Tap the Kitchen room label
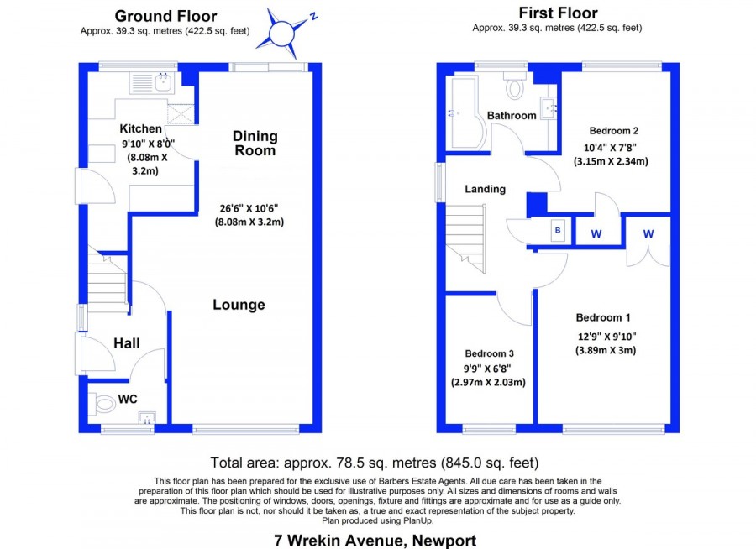click(141, 128)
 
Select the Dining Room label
click(255, 144)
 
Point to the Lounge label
click(239, 305)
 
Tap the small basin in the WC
click(146, 417)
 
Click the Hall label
click(127, 343)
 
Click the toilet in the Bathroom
click(515, 86)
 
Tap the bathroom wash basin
click(549, 107)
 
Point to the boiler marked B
click(558, 230)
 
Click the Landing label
click(485, 189)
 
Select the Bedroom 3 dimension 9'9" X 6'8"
click(487, 369)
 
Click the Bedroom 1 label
click(603, 317)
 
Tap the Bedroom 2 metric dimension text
click(611, 161)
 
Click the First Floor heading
click(559, 13)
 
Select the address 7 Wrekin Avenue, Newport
click(375, 541)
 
